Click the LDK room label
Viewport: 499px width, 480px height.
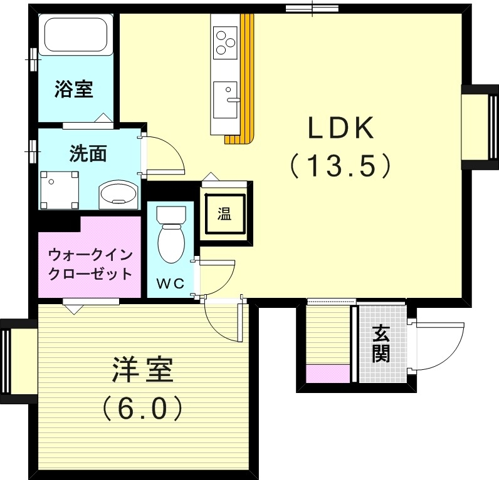[340, 128]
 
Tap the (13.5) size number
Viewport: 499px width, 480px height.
[340, 166]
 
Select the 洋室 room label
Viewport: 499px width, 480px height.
[142, 370]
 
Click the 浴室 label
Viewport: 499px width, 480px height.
[73, 89]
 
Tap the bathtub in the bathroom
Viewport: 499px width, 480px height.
[75, 36]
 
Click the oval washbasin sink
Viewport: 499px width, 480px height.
[118, 193]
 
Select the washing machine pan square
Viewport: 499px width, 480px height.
[60, 190]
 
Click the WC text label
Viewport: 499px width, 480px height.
[170, 283]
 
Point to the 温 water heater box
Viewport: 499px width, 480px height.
[224, 215]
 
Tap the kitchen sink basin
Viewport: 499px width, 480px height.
[225, 100]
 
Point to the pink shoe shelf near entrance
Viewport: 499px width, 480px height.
[327, 374]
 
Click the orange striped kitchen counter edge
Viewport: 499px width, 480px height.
[249, 75]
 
